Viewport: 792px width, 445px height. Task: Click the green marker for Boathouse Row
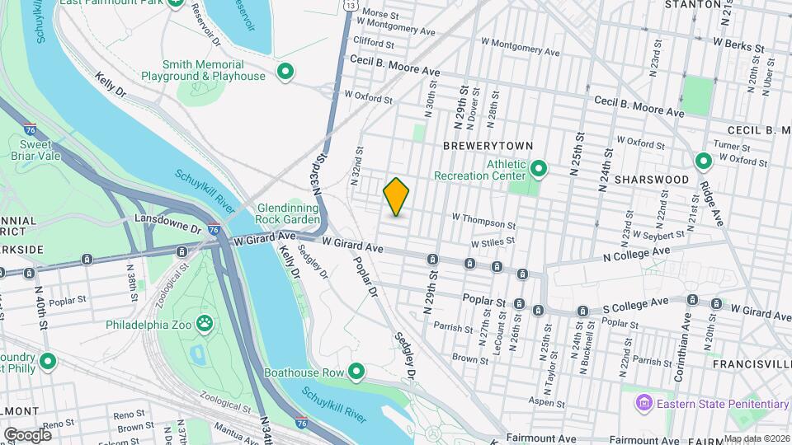(356, 372)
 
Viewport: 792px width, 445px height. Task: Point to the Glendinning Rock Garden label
(287, 214)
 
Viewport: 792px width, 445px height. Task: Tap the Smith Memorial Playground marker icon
(285, 71)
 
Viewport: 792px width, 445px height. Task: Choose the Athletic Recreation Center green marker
(539, 170)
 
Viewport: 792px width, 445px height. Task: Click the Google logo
(27, 434)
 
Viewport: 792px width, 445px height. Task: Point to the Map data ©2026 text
(757, 438)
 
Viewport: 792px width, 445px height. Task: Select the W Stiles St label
(493, 243)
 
